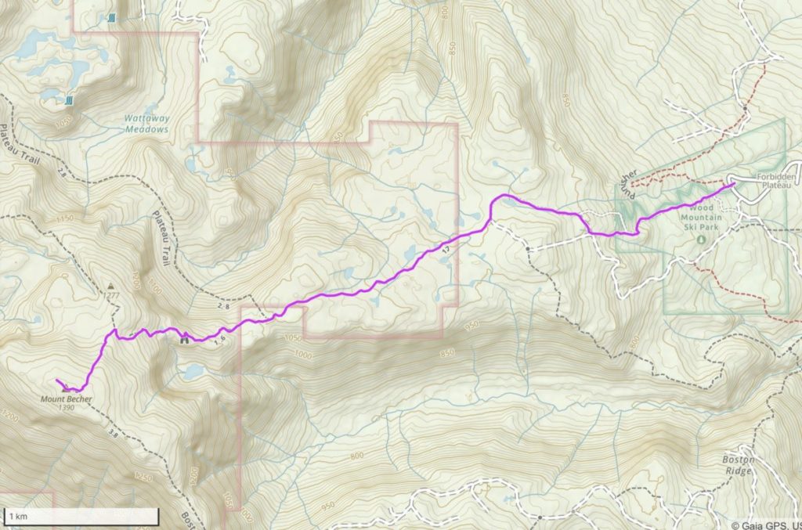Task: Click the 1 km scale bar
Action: coord(81,517)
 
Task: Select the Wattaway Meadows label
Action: coord(146,124)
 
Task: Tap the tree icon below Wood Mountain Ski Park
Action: coord(700,236)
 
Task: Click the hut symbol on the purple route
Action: coord(185,339)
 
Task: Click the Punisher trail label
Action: coord(630,183)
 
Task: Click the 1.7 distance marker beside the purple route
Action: coord(446,249)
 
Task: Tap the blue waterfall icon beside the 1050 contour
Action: coord(70,100)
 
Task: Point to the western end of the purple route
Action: coord(58,381)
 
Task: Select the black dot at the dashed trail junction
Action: coord(529,249)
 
